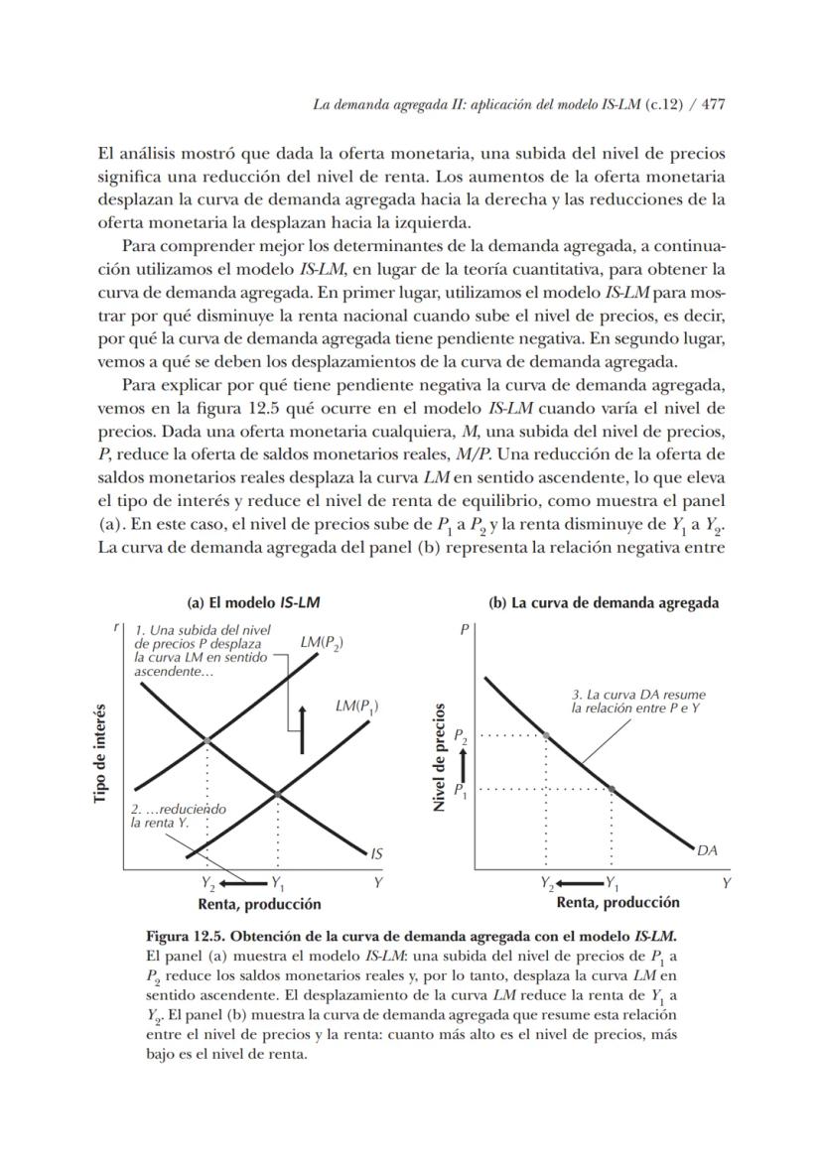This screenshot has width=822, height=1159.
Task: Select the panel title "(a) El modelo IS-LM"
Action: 253,602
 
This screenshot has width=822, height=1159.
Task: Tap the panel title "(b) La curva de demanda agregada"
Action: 604,602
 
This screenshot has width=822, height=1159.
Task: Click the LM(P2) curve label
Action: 322,642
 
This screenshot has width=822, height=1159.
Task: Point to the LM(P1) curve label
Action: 356,707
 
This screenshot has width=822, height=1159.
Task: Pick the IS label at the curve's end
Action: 377,852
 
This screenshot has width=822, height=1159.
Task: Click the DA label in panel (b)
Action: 708,850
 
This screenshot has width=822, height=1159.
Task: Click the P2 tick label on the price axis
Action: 460,736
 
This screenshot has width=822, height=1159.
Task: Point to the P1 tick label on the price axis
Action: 460,790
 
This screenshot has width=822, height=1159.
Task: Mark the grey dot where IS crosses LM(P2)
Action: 206,740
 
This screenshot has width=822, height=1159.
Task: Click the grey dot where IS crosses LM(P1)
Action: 277,794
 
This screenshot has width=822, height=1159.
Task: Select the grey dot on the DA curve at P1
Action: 611,789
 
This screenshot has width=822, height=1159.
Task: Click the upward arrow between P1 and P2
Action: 461,763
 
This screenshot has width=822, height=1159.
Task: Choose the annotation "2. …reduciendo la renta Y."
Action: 179,816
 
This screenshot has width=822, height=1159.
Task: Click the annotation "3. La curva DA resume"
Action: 638,696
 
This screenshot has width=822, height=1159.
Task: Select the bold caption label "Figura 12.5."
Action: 190,937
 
